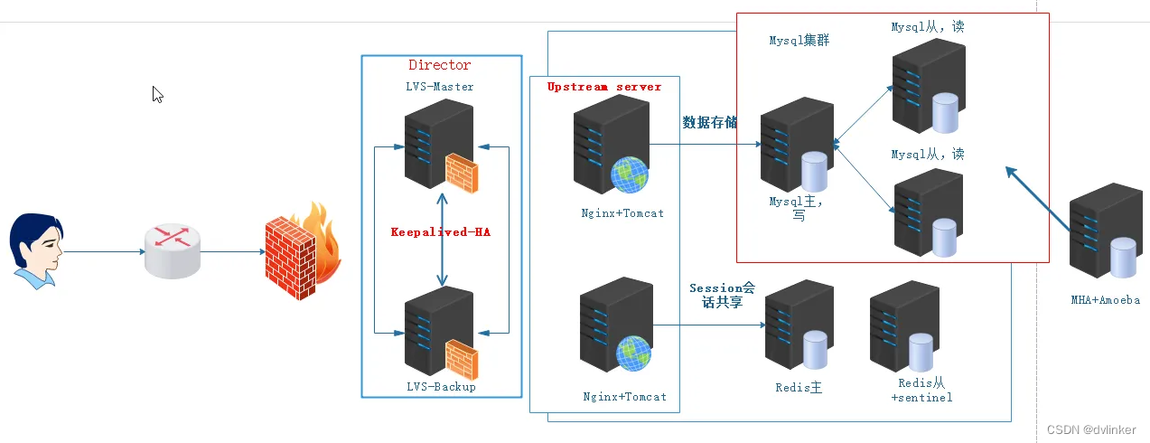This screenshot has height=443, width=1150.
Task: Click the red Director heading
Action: coord(440,65)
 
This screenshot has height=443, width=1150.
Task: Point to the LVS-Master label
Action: coord(440,87)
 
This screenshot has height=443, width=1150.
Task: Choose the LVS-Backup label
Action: coord(440,387)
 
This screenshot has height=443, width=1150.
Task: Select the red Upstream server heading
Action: coord(604,87)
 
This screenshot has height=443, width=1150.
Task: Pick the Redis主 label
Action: coord(799,388)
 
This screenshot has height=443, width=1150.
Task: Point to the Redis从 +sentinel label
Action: coord(921,391)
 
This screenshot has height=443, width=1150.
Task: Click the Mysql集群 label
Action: coord(799,41)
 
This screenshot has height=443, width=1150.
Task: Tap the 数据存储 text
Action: coord(709,122)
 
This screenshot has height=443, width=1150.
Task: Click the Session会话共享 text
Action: coord(722,296)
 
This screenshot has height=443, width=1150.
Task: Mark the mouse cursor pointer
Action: coord(157,94)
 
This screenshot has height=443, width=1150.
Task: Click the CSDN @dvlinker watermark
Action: coord(1090,429)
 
